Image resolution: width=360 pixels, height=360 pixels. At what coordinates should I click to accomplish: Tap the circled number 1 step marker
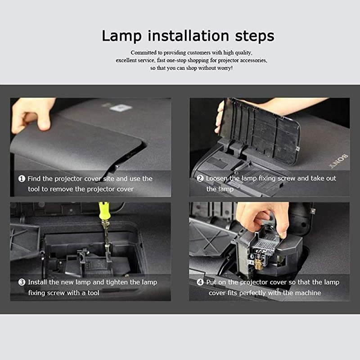[22, 179]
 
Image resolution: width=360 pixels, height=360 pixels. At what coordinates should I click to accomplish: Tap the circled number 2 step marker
[200, 179]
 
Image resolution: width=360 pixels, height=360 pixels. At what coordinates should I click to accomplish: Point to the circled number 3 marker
[22, 282]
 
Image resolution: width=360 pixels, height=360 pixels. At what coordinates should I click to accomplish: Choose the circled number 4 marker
[200, 282]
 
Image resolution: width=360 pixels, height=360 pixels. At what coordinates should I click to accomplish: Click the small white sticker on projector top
[121, 108]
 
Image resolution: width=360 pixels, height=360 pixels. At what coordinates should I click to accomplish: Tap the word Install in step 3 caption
[37, 282]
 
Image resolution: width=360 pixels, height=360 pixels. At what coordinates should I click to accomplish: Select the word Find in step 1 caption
[34, 179]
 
